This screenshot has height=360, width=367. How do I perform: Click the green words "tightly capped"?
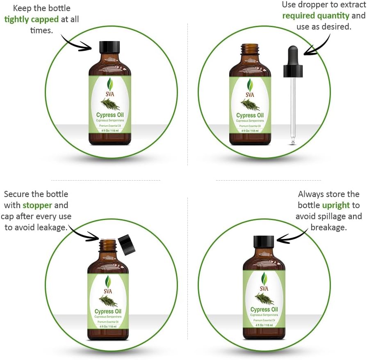[31, 19]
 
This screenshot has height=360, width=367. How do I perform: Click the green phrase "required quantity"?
[316, 16]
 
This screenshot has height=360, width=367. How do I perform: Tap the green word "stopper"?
[37, 205]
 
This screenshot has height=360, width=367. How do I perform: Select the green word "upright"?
[336, 205]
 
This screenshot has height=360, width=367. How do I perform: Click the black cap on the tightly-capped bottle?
[109, 47]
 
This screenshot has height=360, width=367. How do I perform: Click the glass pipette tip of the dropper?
[293, 140]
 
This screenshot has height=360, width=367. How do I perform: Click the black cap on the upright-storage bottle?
[264, 241]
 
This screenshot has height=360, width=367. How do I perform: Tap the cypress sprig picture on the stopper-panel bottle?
[108, 301]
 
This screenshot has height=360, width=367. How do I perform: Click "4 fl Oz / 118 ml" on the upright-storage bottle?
[264, 325]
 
